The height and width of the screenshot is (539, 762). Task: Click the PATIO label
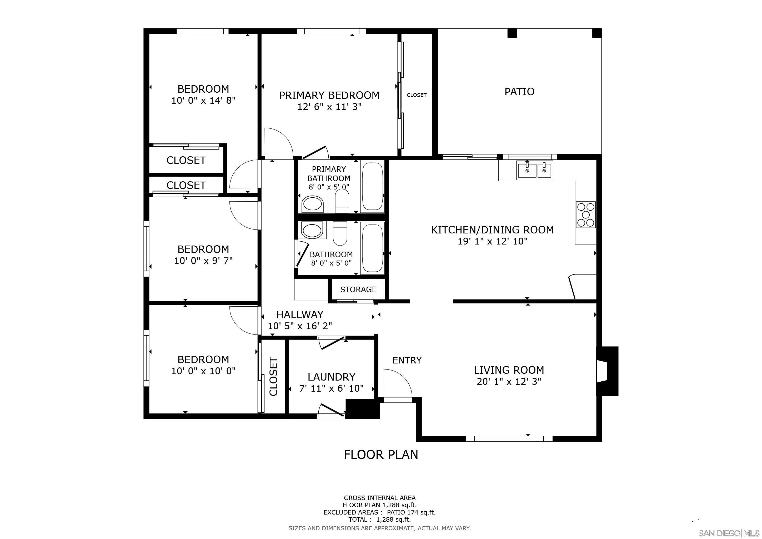click(x=519, y=92)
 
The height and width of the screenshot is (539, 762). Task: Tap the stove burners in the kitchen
click(x=585, y=214)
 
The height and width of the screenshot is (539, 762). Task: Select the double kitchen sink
click(x=535, y=170)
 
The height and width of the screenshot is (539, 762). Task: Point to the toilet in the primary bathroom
click(x=342, y=201)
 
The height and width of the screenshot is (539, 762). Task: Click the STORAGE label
click(x=358, y=290)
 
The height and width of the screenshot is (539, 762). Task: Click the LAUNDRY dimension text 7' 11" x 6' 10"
click(x=331, y=388)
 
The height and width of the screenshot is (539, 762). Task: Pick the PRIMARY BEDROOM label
click(x=329, y=96)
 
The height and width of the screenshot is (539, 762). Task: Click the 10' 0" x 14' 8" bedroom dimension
click(x=203, y=101)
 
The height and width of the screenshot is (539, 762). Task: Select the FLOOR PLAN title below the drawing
click(x=381, y=454)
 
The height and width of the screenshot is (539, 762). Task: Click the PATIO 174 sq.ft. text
click(x=411, y=512)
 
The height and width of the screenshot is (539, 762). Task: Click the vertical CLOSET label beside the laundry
click(x=273, y=376)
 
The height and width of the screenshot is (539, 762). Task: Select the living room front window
click(x=509, y=439)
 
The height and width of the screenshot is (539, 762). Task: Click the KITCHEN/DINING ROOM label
click(x=492, y=230)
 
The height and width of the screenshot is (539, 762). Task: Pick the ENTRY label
click(x=407, y=360)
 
